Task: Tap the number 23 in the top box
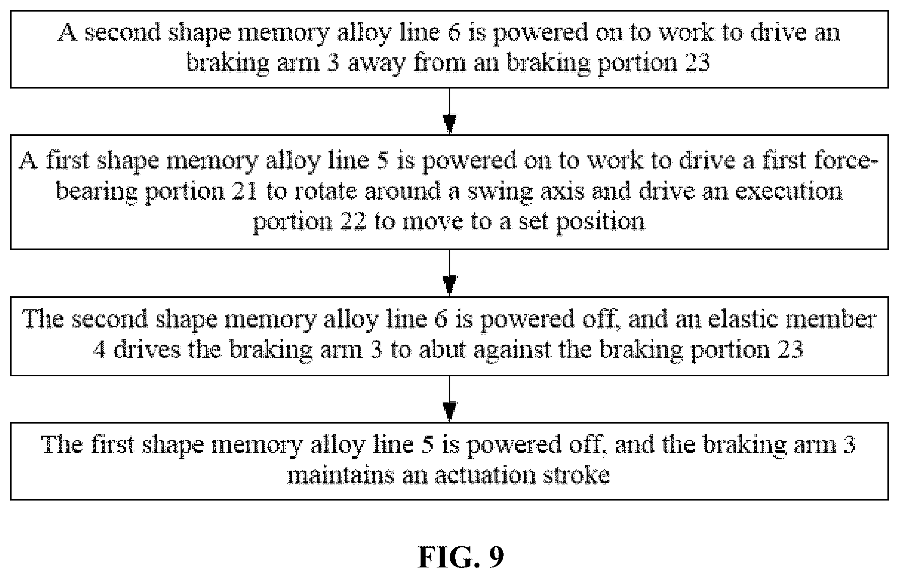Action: (x=697, y=63)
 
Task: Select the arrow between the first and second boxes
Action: (x=449, y=111)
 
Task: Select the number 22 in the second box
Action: (x=352, y=221)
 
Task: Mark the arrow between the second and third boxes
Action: (x=449, y=272)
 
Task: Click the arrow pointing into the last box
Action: (x=449, y=398)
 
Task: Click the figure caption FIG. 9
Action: (x=461, y=557)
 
